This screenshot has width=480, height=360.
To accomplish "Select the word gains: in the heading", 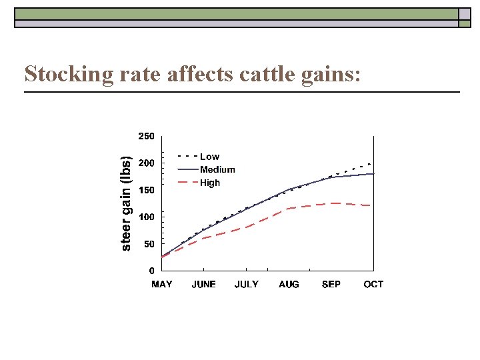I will tap(334, 74).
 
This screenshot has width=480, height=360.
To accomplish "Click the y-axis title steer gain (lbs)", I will tap(125, 203).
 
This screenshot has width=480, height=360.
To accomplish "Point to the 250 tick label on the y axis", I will tap(146, 136).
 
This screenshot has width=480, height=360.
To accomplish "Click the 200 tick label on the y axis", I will tap(146, 163).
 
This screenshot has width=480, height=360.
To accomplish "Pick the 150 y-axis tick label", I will tap(146, 190).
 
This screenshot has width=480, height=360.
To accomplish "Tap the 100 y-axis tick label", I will tap(146, 217).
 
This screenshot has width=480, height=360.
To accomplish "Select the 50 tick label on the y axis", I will tap(148, 244).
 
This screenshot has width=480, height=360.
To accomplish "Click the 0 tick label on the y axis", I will tap(151, 271).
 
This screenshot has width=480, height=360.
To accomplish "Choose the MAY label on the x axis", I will tap(162, 285).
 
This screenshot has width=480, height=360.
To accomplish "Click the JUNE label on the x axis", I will tap(204, 285).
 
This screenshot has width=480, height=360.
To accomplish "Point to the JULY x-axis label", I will tap(247, 285).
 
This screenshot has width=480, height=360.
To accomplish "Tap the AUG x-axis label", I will tap(289, 285).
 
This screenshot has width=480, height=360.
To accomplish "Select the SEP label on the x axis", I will tap(331, 285).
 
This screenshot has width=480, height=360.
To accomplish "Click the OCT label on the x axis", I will tap(373, 285).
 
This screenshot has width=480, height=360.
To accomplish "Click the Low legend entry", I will tap(209, 157).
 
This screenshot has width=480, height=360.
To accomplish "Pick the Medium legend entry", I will tap(217, 169).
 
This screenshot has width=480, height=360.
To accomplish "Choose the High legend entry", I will tap(210, 183).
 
